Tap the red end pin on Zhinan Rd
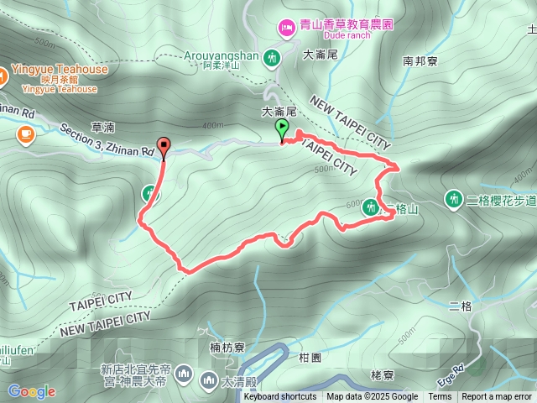point(163,146)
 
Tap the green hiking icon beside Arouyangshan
point(271,58)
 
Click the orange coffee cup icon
point(25,133)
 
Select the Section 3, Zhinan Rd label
point(107,140)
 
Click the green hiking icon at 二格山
point(370,209)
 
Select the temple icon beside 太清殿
point(208,382)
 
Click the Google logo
point(32,391)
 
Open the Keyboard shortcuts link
point(280,397)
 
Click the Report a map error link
point(498,397)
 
